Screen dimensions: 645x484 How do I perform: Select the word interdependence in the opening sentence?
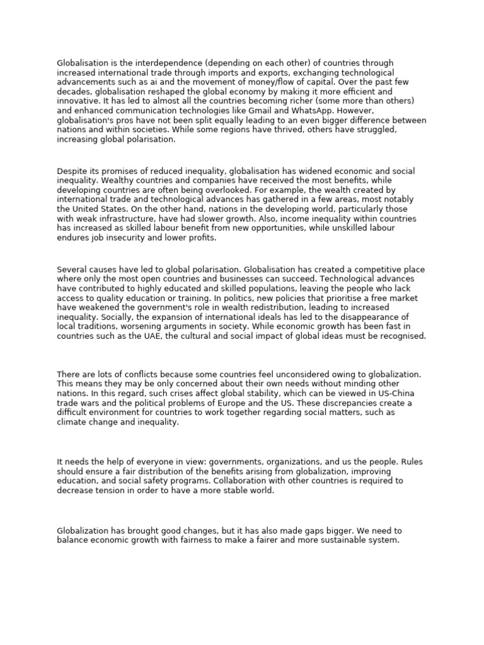click(x=162, y=63)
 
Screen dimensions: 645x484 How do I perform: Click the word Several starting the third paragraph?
click(x=72, y=270)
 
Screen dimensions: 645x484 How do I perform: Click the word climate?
click(x=71, y=422)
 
